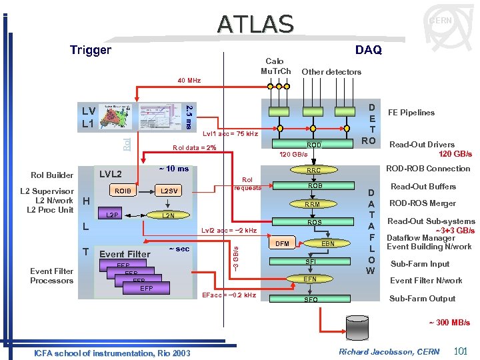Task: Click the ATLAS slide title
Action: click(x=255, y=24)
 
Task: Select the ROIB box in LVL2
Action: click(x=123, y=191)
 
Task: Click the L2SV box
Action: click(x=169, y=191)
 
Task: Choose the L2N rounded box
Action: click(x=169, y=215)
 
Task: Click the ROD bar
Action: click(x=313, y=145)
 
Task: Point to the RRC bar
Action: click(x=313, y=170)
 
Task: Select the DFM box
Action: click(x=283, y=244)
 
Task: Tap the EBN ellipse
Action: click(x=328, y=244)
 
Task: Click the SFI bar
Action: click(x=311, y=262)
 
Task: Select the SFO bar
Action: click(x=311, y=300)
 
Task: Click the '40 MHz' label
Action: click(x=189, y=81)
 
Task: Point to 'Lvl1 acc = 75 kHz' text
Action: click(x=230, y=134)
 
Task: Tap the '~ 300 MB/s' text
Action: click(x=449, y=323)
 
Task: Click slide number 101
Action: click(x=460, y=351)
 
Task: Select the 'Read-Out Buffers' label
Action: click(x=423, y=187)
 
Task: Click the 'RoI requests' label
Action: click(x=247, y=183)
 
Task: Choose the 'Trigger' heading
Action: click(x=91, y=50)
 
